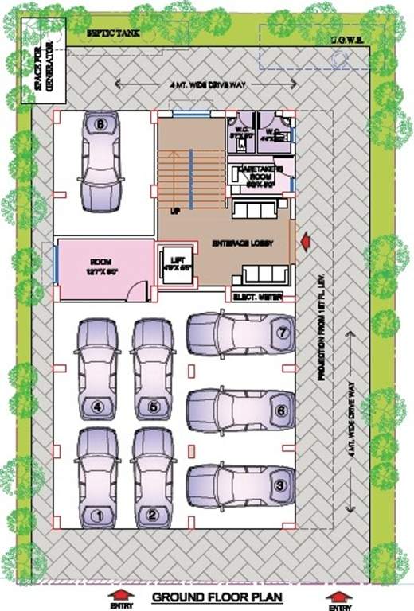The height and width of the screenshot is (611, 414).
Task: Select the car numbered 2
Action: pos(153,477)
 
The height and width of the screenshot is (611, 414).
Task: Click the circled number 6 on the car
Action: pos(279,411)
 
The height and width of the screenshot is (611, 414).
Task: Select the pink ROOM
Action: pos(103,269)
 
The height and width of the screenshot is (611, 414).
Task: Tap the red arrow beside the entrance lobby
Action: pos(304,237)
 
